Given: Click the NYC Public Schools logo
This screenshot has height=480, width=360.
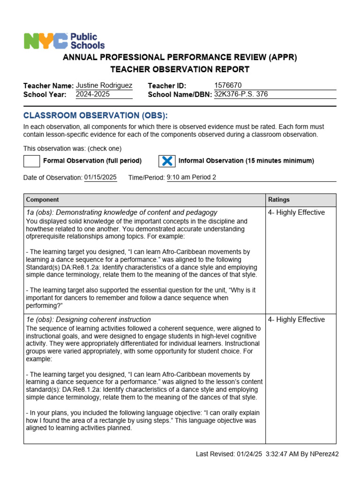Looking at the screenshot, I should click(64, 41).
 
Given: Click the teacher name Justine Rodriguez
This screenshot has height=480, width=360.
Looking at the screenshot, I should click(104, 85).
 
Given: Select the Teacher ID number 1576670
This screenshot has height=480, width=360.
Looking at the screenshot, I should click(228, 85).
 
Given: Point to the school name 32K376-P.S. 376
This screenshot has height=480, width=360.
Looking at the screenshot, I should click(241, 94).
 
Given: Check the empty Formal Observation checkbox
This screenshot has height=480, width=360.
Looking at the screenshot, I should click(32, 161).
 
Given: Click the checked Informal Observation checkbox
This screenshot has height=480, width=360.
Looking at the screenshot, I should click(166, 161).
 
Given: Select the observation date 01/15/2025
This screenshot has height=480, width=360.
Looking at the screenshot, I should click(100, 177).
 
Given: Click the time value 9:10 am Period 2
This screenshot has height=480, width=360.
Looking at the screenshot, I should click(191, 177).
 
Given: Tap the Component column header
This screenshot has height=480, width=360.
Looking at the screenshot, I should click(42, 200).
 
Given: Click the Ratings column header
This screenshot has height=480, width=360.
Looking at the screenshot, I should click(279, 200).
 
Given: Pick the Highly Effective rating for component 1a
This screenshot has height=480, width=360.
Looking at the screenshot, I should click(296, 212).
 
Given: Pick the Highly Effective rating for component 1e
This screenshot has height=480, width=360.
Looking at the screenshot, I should click(296, 320).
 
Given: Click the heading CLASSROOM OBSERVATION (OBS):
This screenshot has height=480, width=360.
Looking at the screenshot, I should click(95, 116).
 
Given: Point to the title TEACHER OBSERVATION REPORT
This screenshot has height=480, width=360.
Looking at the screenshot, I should click(180, 69).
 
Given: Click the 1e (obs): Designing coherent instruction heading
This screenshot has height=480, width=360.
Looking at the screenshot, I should click(89, 320).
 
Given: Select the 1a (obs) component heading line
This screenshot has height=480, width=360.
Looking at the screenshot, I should click(122, 212).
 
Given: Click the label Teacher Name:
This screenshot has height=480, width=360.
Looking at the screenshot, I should click(48, 86).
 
